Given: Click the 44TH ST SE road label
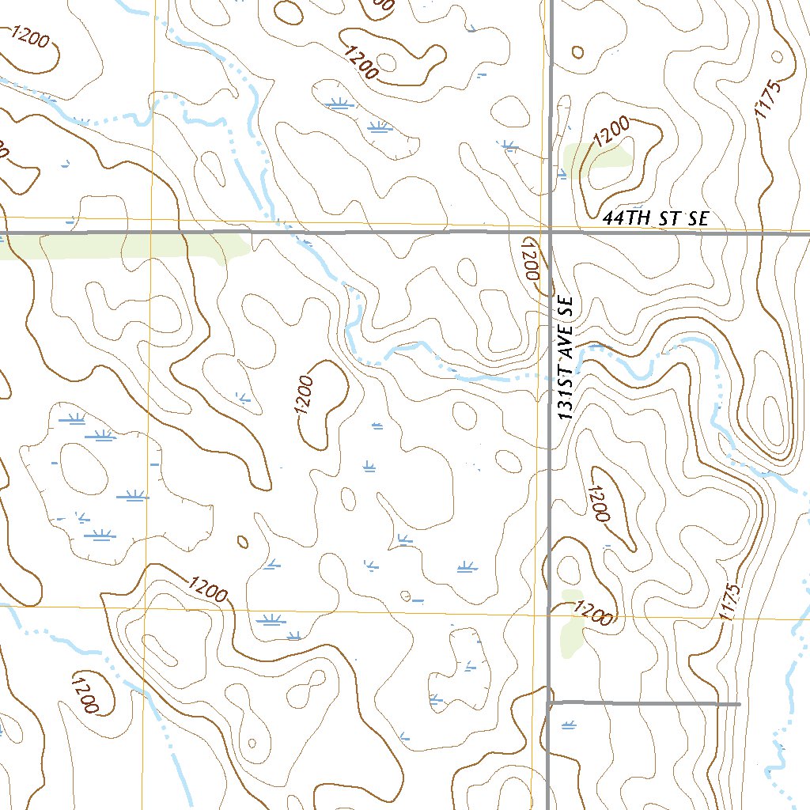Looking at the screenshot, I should point(655,219).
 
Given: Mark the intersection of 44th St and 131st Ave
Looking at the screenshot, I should point(551,233).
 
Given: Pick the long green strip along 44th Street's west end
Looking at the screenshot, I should point(127,247).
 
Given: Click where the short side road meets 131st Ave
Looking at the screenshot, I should point(550,702).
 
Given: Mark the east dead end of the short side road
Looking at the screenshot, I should point(739,703).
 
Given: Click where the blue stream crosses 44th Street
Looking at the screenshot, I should point(294,233).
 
